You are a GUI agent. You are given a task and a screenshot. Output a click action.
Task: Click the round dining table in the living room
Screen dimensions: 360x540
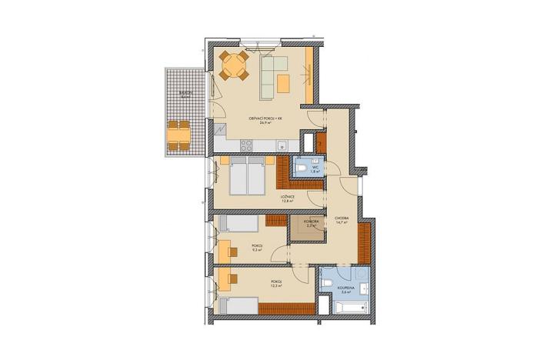coord(233,66)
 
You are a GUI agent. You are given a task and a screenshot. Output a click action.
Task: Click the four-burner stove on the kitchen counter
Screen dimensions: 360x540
coord(248,144)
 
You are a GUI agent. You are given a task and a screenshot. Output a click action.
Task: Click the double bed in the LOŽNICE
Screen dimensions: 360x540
coord(248,178)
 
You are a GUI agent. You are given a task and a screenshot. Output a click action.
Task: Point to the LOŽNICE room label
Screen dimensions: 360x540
coord(287,196)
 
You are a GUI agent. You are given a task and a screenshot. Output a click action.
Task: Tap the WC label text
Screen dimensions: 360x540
coord(315,168)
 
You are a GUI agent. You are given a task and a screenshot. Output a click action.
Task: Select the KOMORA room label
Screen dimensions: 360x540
coord(311,221)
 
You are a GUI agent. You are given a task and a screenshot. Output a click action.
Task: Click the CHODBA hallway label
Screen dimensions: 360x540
coord(342,218)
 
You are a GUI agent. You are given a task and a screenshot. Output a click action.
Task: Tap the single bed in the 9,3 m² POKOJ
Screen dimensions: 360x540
coord(238,223)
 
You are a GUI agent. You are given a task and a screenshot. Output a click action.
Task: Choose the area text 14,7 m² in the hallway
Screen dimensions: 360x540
coord(342,224)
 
